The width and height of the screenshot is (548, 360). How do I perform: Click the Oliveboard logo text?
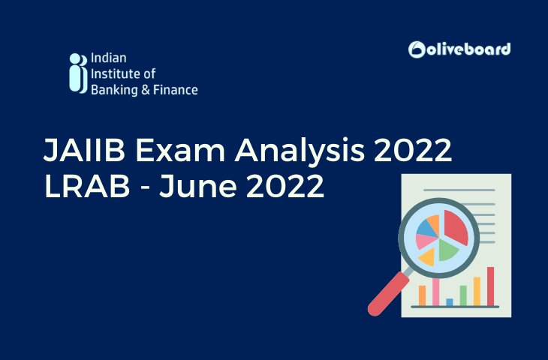pyautogui.click(x=469, y=49)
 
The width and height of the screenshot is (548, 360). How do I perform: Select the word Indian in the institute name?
pyautogui.click(x=106, y=58)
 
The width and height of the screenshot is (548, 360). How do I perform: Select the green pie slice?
pyautogui.click(x=449, y=250)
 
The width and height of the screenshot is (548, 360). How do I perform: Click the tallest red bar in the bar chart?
pyautogui.click(x=490, y=286)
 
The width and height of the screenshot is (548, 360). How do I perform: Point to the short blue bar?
pyautogui.click(x=450, y=301)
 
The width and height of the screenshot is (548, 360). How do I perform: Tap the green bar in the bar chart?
pyautogui.click(x=463, y=295)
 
